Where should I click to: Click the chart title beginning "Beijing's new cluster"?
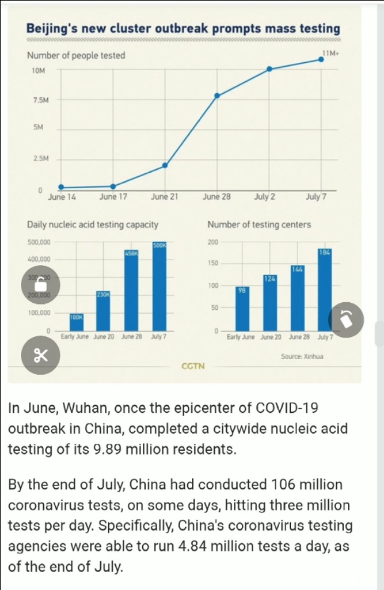click(183, 29)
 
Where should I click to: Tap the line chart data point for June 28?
click(217, 95)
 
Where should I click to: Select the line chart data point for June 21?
click(165, 165)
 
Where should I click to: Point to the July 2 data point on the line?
click(269, 69)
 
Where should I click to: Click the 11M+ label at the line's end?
click(331, 53)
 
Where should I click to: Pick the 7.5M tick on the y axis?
click(40, 100)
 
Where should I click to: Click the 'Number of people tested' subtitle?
click(76, 56)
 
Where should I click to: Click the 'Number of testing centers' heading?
click(259, 225)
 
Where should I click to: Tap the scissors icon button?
click(40, 355)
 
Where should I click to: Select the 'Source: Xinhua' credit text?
click(302, 357)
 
